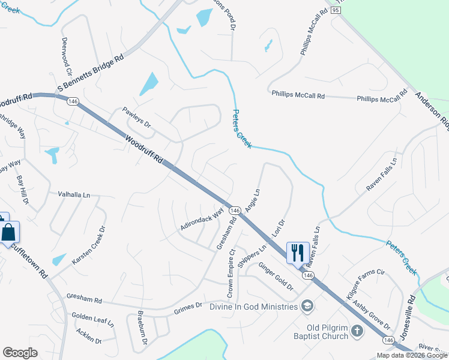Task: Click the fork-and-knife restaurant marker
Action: click(298, 253)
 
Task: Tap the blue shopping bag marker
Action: click(10, 232)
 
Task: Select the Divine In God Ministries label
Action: click(254, 307)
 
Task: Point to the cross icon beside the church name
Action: click(357, 331)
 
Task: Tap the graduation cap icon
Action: click(307, 307)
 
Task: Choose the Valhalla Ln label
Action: click(74, 194)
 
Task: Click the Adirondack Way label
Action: click(202, 219)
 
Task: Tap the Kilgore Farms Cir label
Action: click(364, 284)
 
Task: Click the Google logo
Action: click(20, 353)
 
